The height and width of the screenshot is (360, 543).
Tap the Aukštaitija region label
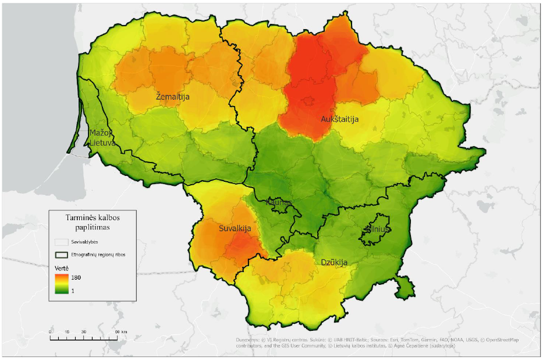339,119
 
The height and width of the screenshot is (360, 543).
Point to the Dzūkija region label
334,263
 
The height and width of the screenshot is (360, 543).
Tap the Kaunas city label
278,203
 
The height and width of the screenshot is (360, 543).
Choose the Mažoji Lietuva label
102,137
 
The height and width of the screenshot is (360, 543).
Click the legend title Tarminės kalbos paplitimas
92,222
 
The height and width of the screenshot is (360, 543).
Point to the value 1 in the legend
73,290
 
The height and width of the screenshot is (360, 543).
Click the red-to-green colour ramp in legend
62,284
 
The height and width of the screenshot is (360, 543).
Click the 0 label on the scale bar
51,331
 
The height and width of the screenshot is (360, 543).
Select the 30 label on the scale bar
84,331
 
